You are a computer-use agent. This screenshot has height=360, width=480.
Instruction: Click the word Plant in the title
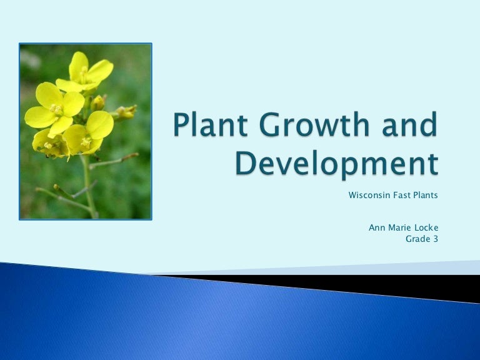[x=210, y=124]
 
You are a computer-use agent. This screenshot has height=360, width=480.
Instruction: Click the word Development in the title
[x=337, y=165]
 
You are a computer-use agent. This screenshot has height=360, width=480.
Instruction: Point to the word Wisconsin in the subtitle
[x=369, y=195]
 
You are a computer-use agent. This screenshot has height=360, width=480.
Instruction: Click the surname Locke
[x=426, y=227]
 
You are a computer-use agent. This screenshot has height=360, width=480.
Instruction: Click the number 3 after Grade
[x=436, y=239]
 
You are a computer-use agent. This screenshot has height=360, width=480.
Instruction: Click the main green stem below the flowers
[x=89, y=187]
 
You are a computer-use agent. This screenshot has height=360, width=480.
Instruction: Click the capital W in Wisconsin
[x=353, y=195]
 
